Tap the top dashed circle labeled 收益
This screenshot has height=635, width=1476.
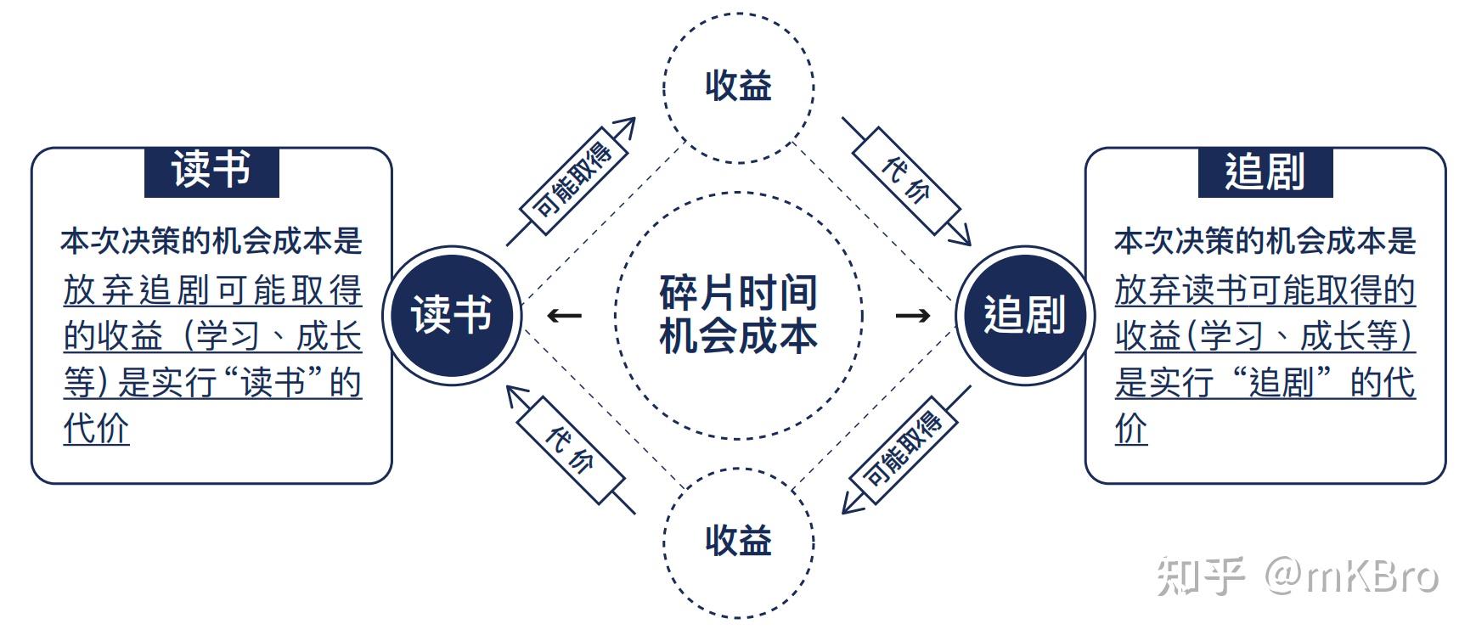[x=738, y=86]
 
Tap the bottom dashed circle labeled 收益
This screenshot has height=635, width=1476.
[x=738, y=541]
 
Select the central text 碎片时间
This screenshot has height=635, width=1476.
[x=738, y=293]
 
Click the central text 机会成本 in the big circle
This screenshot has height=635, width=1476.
[x=738, y=336]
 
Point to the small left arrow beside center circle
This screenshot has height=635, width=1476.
[x=564, y=316]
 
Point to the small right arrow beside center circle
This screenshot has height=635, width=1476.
[x=913, y=316]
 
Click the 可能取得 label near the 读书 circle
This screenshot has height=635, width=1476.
[x=572, y=181]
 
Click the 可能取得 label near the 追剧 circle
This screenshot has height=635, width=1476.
[x=903, y=450]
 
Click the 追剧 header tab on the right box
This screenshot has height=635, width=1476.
[x=1265, y=171]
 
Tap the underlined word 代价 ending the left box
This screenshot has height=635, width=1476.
[x=96, y=429]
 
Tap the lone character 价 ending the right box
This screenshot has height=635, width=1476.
[x=1131, y=429]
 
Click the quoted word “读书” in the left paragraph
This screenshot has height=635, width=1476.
[x=273, y=383]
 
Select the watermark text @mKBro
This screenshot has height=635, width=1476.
[x=1351, y=576]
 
